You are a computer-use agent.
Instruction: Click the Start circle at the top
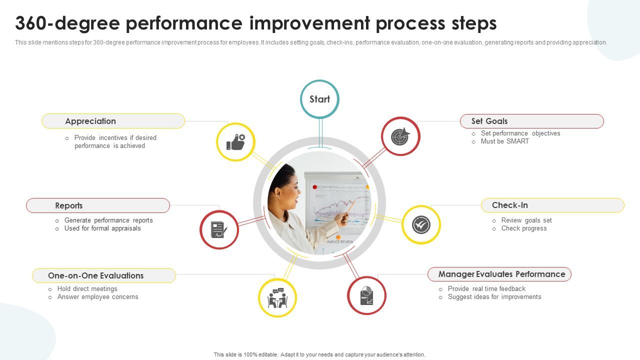click(319, 99)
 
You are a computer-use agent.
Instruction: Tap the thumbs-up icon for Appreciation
click(235, 142)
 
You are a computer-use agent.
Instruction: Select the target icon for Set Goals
click(400, 136)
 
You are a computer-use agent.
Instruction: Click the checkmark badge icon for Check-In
click(421, 225)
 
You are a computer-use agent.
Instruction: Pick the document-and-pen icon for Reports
click(219, 229)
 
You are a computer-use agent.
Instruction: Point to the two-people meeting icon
click(277, 298)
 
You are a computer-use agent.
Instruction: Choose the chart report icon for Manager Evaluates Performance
click(366, 295)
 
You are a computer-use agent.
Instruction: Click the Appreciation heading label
click(90, 121)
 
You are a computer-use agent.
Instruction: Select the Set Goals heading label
click(489, 121)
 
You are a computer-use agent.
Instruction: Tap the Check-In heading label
click(509, 205)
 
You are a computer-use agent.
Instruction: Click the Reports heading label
click(69, 205)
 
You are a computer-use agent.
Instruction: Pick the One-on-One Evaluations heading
click(95, 275)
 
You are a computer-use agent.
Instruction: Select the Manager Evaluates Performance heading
click(501, 274)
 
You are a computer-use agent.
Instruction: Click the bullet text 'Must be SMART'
click(504, 141)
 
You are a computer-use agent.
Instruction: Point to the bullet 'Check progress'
click(524, 228)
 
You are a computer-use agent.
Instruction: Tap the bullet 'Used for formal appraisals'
click(102, 228)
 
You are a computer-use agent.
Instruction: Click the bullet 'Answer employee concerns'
click(97, 297)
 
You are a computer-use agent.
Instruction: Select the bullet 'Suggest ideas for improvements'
click(494, 297)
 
